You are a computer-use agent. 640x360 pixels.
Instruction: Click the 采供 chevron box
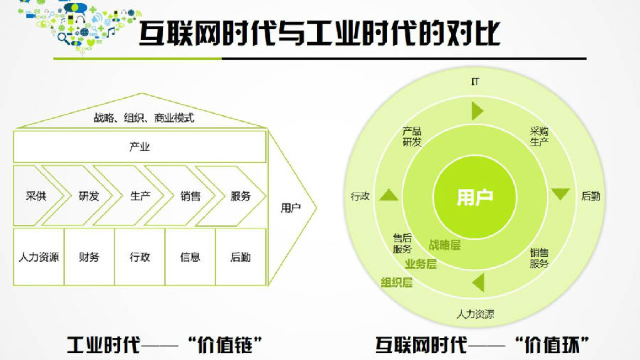click(x=36, y=196)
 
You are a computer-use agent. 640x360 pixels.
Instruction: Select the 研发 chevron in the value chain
click(x=89, y=196)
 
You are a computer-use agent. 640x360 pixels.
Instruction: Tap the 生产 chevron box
click(x=140, y=196)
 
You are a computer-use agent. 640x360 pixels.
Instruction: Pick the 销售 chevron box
click(x=191, y=196)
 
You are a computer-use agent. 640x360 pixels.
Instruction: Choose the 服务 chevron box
click(x=240, y=196)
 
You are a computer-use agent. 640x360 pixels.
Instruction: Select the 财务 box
click(x=89, y=257)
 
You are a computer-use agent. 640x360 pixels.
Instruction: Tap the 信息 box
click(x=190, y=257)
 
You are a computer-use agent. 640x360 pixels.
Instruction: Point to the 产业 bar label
click(x=139, y=147)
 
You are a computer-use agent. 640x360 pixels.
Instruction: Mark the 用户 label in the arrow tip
click(x=291, y=208)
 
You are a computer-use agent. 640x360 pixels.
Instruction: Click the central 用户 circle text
click(x=475, y=197)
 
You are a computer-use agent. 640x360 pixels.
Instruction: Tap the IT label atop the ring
click(x=475, y=81)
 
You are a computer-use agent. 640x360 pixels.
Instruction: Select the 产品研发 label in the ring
click(x=412, y=137)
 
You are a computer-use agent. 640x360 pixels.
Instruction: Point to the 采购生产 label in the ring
click(x=539, y=137)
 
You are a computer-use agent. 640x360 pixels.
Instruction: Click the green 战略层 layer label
click(x=444, y=245)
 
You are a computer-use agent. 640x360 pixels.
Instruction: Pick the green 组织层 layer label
click(x=397, y=282)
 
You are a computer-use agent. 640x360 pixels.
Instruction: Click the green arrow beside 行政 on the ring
click(x=388, y=195)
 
